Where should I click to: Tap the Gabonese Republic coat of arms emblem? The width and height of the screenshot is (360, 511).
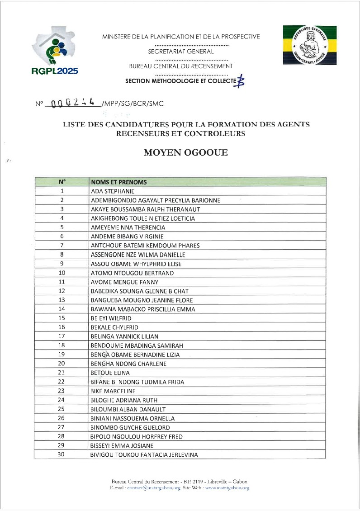tap(309, 45)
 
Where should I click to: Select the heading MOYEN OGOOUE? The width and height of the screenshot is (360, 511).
tap(185, 153)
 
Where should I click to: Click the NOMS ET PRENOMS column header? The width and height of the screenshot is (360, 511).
tap(119, 182)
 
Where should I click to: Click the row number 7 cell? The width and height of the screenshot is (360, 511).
tap(62, 246)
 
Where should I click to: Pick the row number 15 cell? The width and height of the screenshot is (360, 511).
tap(62, 318)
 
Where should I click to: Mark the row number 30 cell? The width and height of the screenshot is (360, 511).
tap(62, 454)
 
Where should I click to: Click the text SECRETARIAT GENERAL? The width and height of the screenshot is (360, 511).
tap(181, 52)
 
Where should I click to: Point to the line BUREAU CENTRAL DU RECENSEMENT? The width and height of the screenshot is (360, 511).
tap(181, 66)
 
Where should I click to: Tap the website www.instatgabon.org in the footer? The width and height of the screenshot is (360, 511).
tap(227, 488)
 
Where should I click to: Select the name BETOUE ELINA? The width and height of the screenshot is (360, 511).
tap(110, 373)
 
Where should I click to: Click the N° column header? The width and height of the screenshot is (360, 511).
tap(62, 182)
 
